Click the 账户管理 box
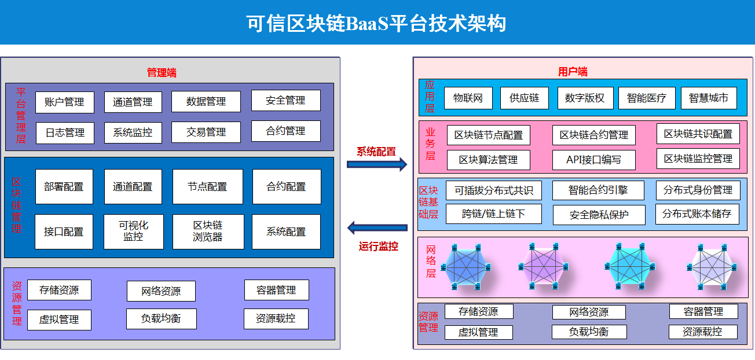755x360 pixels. coord(65,102)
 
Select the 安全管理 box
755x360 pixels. coord(286,101)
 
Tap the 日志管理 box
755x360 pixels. coord(65,133)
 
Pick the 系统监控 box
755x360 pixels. coord(133,133)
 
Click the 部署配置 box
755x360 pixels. coord(64,187)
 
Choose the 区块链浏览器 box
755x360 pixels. coord(208,232)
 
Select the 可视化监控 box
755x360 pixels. coord(134,232)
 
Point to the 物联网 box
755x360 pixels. coord(468,98)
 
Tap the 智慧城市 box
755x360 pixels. coord(709,98)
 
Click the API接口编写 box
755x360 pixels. coord(594,160)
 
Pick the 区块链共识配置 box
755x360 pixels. coord(698,134)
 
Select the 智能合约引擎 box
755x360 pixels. coord(598,190)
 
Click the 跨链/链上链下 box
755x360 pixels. coord(494,214)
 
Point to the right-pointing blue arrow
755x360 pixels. coord(377,164)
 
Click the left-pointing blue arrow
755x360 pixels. coord(377,228)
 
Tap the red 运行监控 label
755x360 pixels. coord(378,247)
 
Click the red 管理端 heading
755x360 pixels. coord(162,72)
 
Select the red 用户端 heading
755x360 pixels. coord(573,71)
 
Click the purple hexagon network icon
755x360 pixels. coord(544,266)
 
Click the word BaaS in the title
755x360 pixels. coord(367,24)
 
